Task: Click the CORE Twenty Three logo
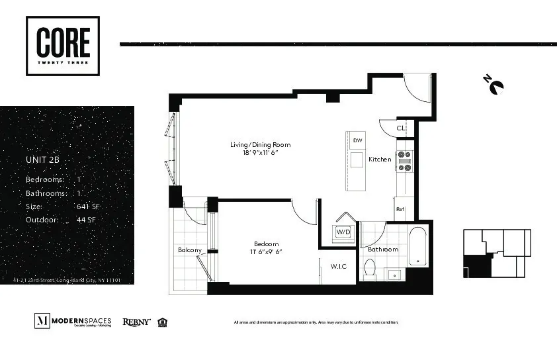(63, 46)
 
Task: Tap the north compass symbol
(493, 85)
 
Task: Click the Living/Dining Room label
(260, 145)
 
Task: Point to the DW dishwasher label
(357, 140)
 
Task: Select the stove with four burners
(404, 161)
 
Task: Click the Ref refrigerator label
(400, 210)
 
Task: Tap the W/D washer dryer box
(343, 232)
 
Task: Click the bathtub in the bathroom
(418, 246)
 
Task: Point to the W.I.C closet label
(339, 266)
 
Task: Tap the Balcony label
(190, 250)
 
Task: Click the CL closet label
(400, 128)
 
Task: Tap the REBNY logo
(136, 322)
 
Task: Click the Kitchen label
(380, 159)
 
